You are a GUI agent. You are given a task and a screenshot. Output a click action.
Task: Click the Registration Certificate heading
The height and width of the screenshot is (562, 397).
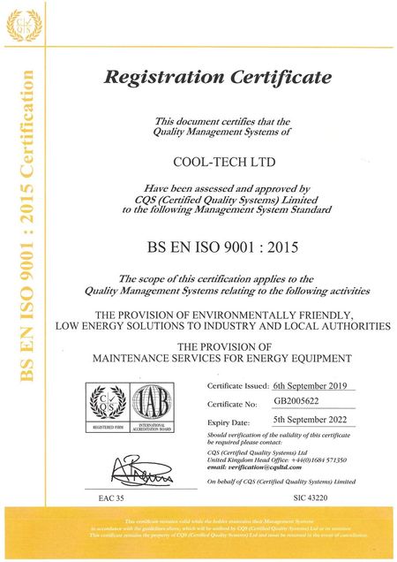point(218,77)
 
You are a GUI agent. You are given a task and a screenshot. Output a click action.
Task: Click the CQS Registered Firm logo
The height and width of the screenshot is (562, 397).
point(106,405)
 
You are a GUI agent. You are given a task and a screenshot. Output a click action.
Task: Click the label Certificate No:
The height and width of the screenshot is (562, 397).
point(232,404)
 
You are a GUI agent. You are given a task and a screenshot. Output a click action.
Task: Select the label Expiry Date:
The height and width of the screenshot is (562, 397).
point(228,423)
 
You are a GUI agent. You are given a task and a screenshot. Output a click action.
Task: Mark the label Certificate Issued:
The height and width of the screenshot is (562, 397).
point(237,387)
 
